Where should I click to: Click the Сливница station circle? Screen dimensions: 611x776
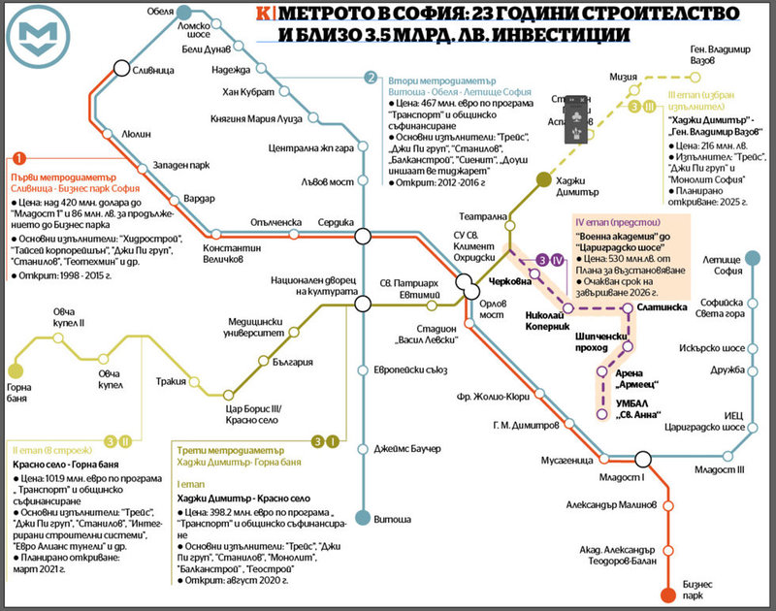click(121, 68)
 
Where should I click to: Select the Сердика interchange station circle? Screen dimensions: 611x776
click(364, 235)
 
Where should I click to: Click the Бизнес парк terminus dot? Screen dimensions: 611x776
click(667, 595)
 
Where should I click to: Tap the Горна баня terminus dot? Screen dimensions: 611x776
click(16, 370)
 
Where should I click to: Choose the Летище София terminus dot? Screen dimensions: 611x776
click(749, 259)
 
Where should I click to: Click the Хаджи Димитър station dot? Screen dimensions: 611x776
click(541, 178)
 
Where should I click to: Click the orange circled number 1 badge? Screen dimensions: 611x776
click(17, 159)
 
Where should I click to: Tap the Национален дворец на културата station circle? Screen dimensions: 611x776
click(362, 304)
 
